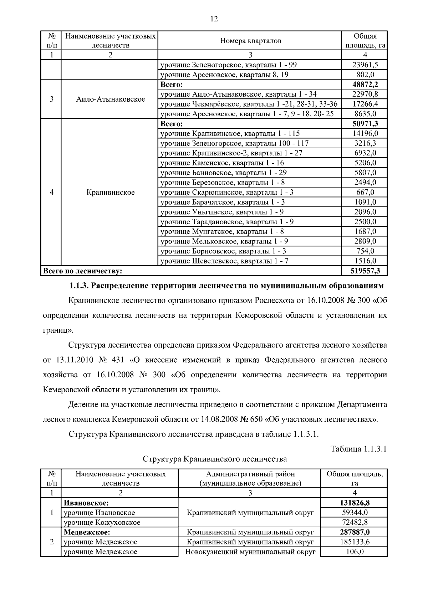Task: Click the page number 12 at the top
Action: [214, 19]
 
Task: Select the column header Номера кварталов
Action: [250, 41]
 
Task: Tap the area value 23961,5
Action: [365, 65]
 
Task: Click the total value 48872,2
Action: [365, 84]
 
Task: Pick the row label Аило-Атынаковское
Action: [111, 99]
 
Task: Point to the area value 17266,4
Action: [365, 104]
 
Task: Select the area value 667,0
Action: [365, 193]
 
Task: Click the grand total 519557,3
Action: [365, 271]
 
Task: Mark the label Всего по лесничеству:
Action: [82, 271]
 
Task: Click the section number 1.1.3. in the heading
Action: [80, 286]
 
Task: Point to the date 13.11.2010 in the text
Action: [75, 360]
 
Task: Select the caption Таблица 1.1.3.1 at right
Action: [358, 449]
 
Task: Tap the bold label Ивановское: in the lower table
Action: [86, 503]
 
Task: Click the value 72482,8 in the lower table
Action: [354, 522]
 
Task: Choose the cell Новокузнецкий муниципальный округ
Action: [250, 552]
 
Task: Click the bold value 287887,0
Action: [354, 532]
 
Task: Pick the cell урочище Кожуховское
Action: [102, 523]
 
